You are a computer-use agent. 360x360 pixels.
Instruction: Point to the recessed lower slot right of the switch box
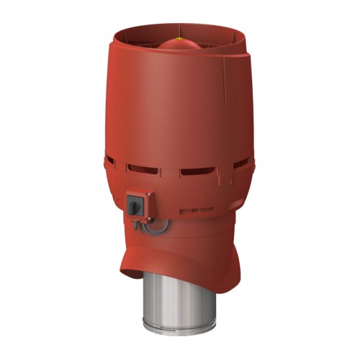point(196,211)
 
